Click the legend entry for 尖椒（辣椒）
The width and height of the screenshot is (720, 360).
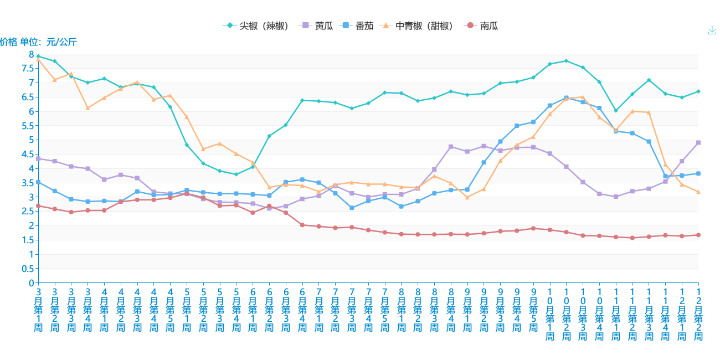coord(258,26)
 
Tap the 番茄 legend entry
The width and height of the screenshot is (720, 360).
coord(358,26)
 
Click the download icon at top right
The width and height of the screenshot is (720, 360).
coord(712,30)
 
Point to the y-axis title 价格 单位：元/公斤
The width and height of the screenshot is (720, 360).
coord(38,42)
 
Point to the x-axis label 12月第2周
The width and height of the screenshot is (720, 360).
coord(698,313)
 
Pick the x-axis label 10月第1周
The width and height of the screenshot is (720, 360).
coord(550,313)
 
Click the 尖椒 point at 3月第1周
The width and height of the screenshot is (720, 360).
coord(38,56)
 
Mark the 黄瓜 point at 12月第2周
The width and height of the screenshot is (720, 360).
coord(698,142)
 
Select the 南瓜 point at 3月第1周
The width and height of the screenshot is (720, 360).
coord(38,206)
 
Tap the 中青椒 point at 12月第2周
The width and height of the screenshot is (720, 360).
coord(698,192)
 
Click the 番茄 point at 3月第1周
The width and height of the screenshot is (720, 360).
coord(38,182)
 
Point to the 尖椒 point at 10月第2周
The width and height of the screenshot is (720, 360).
coord(566,61)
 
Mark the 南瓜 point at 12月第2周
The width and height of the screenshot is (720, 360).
coord(698,235)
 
